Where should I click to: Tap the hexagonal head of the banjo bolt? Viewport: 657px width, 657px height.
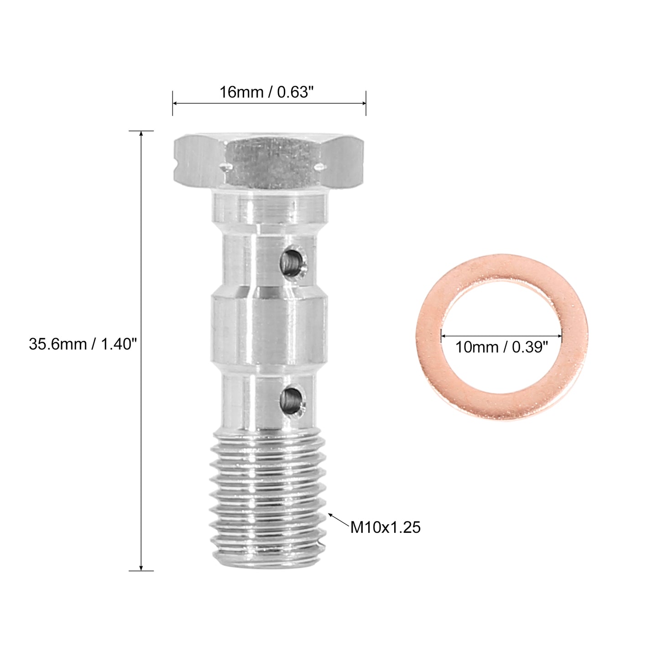[269, 162]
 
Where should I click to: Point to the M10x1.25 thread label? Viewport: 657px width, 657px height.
[385, 527]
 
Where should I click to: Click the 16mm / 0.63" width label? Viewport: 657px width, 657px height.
[266, 92]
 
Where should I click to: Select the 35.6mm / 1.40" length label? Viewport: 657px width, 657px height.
[83, 344]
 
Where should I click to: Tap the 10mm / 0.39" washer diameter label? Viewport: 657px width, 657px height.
[501, 347]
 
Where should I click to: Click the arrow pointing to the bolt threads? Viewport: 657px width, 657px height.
[339, 520]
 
